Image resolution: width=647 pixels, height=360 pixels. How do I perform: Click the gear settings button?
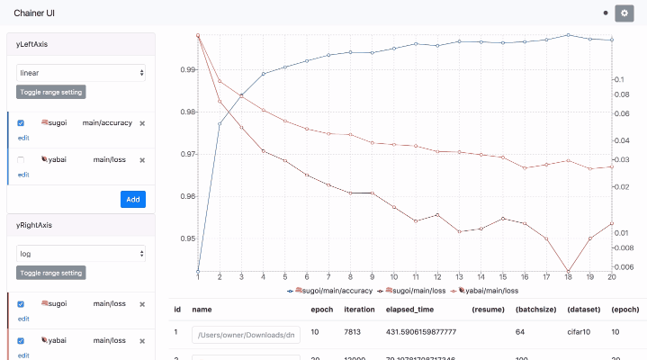(x=625, y=13)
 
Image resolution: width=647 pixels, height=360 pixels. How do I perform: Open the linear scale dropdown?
(x=81, y=72)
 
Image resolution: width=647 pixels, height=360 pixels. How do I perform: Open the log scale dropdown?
(x=81, y=254)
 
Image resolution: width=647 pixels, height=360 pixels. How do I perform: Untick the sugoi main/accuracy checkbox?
(x=21, y=123)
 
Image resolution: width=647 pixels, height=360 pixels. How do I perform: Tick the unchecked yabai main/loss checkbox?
(x=21, y=159)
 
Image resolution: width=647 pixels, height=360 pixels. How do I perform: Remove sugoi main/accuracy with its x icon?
(x=142, y=123)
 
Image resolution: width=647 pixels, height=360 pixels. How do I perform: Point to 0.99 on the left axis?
(x=188, y=69)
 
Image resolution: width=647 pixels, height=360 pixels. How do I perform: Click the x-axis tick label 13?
(x=459, y=277)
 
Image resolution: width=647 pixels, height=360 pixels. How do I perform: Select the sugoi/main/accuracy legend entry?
(x=330, y=291)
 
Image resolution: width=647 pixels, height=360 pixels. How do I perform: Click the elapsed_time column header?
(x=409, y=309)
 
